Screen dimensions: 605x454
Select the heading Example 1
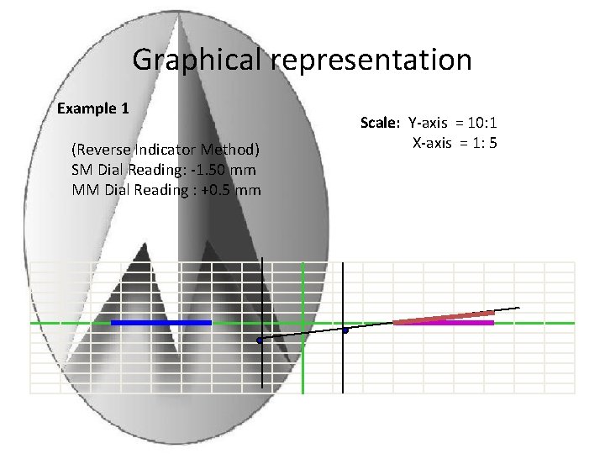[x=92, y=108]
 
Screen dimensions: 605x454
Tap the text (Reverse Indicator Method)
[x=166, y=150]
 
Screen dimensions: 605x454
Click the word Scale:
[x=380, y=123]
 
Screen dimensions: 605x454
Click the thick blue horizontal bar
[x=160, y=323]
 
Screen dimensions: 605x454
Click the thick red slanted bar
[x=444, y=318]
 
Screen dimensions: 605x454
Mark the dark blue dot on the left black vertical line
[x=260, y=340]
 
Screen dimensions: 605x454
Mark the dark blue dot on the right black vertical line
[x=345, y=330]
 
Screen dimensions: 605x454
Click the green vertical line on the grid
[x=302, y=353]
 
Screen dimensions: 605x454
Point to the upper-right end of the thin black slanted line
[x=518, y=307]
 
